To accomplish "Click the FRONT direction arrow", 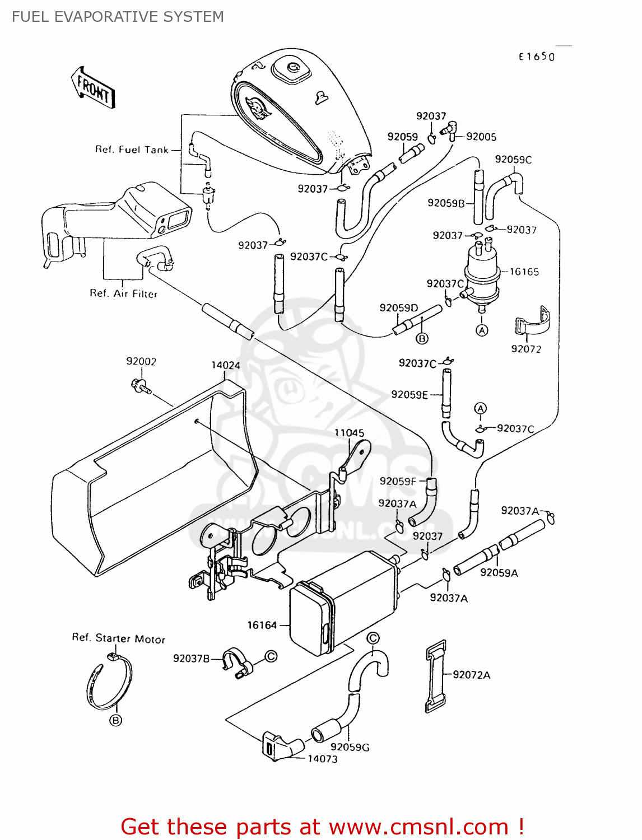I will click(x=93, y=88).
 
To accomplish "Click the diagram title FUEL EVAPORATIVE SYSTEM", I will click(x=118, y=17).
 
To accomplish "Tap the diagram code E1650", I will click(x=536, y=57).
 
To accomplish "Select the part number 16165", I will click(x=524, y=272).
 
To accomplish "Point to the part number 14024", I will click(x=225, y=365).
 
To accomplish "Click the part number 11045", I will click(x=349, y=433).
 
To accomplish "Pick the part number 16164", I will click(x=262, y=625).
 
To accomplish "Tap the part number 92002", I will click(x=141, y=362).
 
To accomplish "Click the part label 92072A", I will click(x=471, y=675).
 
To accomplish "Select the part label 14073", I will click(x=322, y=759).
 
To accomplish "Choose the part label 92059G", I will click(x=350, y=747).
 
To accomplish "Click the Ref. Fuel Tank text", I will click(x=132, y=150).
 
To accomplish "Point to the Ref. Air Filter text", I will click(x=123, y=293).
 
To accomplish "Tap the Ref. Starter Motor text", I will click(x=118, y=638).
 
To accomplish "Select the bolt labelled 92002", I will click(x=141, y=385).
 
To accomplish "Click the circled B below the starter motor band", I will click(x=115, y=720).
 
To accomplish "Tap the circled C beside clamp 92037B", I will click(x=271, y=656).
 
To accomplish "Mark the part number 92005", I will click(x=481, y=137).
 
